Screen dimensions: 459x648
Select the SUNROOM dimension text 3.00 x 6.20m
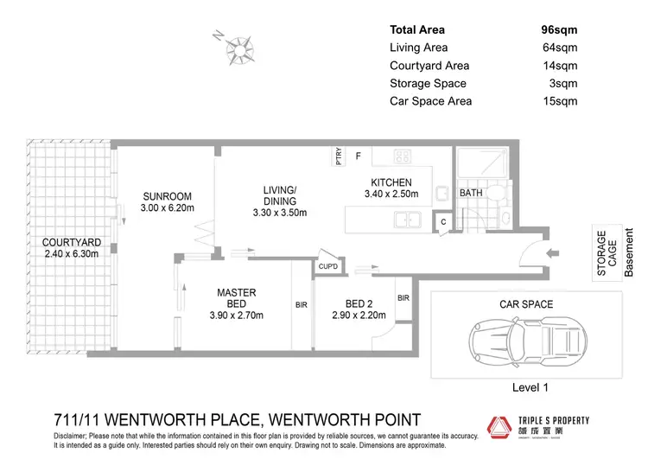point(167,208)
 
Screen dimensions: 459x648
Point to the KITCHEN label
point(391,182)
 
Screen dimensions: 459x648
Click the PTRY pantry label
point(340,157)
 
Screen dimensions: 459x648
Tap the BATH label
point(471,193)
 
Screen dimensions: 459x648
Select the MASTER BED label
point(236,299)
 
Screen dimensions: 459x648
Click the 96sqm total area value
point(558,30)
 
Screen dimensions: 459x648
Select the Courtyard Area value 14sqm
point(558,66)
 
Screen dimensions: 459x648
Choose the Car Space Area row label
point(431,102)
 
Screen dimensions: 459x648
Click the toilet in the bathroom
point(499,198)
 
